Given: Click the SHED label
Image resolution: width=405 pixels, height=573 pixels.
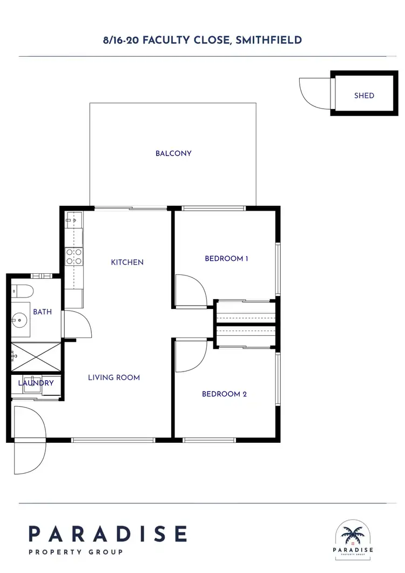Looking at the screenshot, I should (364, 96).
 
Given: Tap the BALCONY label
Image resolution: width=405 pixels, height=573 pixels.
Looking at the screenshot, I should (173, 153).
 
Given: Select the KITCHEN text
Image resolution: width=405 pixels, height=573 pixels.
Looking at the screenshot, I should (127, 262).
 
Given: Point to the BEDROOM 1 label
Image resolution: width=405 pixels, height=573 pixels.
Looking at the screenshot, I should (226, 259).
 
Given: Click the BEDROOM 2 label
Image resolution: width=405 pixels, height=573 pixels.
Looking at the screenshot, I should (224, 394).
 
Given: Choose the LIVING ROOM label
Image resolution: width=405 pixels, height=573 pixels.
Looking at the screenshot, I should (114, 377).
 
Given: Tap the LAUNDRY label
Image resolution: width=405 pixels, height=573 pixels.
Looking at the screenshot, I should (36, 383).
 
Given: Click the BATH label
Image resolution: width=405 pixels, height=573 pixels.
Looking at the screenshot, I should (42, 312).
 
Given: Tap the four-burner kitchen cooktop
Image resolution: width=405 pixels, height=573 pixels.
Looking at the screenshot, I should (73, 256).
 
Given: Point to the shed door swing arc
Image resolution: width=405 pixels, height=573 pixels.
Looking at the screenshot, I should (314, 93).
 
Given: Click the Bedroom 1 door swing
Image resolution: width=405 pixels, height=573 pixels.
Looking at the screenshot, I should (192, 291).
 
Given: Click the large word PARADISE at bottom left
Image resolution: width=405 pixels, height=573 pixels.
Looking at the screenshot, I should (107, 534).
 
